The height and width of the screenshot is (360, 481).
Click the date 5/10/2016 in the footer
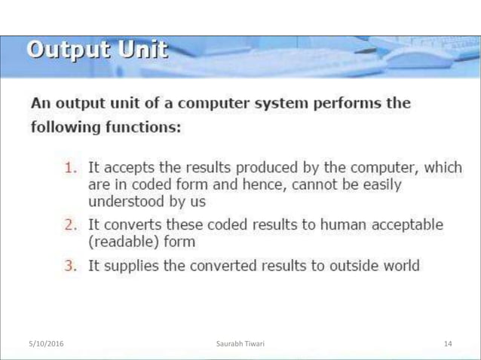(46, 344)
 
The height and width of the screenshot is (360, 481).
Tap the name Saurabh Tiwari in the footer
(240, 344)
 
